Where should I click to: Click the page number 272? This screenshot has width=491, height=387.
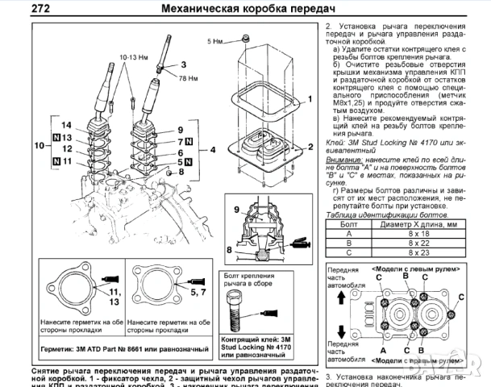(19, 9)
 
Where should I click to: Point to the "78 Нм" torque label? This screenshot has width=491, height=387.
(188, 77)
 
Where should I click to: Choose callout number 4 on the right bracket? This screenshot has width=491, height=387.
(213, 151)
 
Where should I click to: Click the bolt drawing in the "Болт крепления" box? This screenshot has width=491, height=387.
(256, 311)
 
